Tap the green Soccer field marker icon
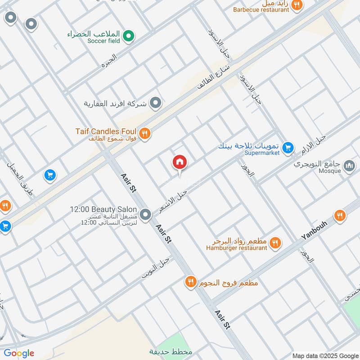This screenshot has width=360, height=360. [x=129, y=36]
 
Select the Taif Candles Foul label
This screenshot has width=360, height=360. [x=106, y=131]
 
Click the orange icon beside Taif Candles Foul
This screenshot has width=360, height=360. [x=144, y=133]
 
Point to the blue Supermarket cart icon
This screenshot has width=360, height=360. [x=288, y=147]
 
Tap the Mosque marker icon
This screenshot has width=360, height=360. [x=349, y=166]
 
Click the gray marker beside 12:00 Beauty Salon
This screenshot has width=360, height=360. [x=145, y=215]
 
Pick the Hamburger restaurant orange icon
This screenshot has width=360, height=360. [x=275, y=244]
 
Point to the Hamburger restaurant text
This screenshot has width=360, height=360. [x=237, y=248]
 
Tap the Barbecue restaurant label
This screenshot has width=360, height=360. [x=261, y=9]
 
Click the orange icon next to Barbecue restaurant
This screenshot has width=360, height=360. [x=297, y=5]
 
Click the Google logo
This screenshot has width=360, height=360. [x=19, y=353]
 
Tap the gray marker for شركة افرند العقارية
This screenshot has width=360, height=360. [x=156, y=103]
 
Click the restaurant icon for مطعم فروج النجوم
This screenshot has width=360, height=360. [x=190, y=282]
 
